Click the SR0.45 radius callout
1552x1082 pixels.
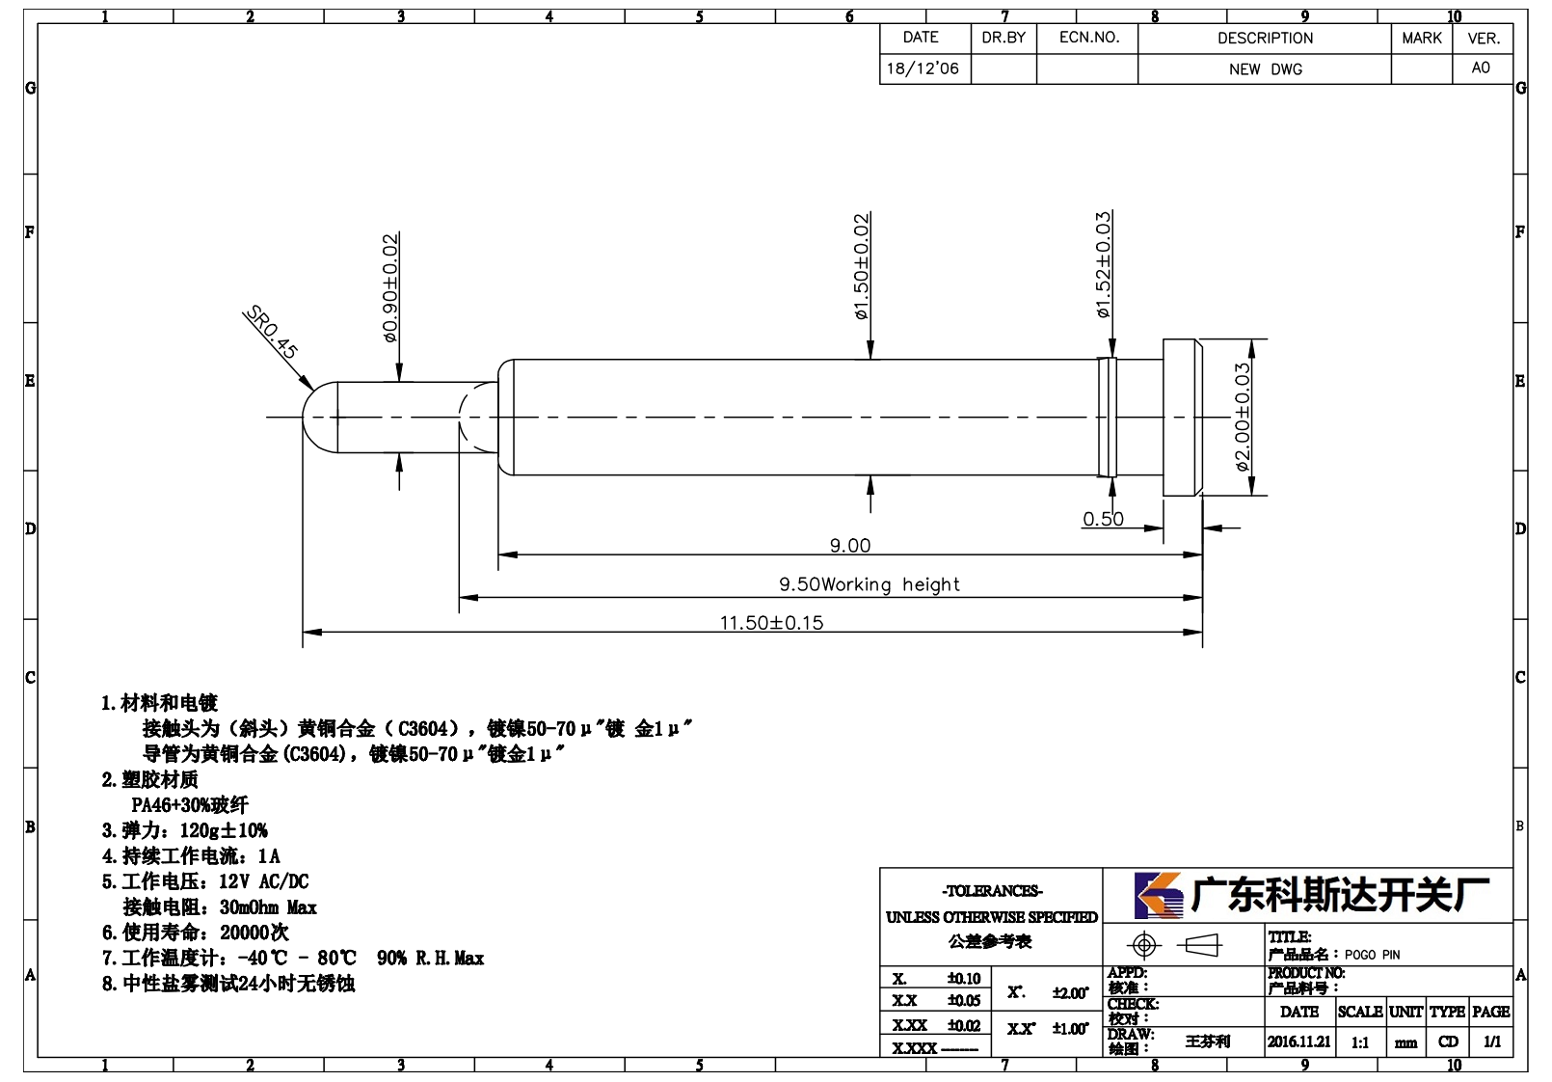(272, 332)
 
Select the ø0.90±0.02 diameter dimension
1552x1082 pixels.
(390, 287)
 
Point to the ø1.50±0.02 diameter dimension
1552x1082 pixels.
(861, 266)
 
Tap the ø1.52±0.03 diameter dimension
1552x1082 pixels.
(1103, 265)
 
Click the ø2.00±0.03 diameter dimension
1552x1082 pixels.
(1243, 418)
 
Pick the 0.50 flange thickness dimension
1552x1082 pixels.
(1103, 519)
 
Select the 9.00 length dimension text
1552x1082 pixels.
(850, 546)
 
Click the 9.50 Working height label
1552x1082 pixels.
(870, 584)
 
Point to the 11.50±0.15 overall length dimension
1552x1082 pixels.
(772, 622)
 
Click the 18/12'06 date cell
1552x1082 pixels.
(923, 68)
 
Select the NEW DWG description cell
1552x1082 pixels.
(1265, 69)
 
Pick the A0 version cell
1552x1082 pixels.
(1481, 68)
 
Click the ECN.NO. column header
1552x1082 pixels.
(1089, 38)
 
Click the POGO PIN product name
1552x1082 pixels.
(1372, 955)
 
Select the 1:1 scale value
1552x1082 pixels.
(1360, 1042)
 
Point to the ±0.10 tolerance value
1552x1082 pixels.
(964, 979)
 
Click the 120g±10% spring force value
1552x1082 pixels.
(224, 830)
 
